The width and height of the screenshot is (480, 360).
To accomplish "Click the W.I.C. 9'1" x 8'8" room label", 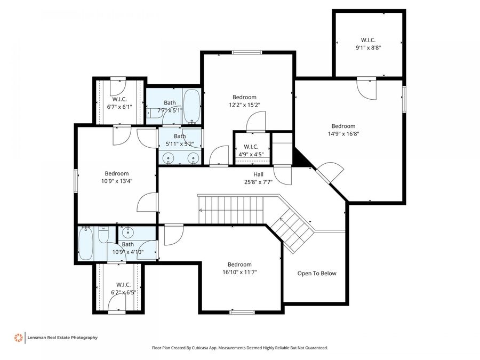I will point(368,43).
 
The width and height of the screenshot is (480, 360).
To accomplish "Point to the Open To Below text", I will point(317,274).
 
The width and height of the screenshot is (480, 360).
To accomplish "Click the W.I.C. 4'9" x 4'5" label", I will point(251,151).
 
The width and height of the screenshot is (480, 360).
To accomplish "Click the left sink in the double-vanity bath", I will point(169,157).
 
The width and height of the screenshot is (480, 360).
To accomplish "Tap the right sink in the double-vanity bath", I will point(193,157).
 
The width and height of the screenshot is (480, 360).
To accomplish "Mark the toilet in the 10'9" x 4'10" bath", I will point(103,234).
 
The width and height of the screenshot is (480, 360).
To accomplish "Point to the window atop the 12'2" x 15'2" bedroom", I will point(247,52).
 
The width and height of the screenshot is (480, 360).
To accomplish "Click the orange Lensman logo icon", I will point(18,337).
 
